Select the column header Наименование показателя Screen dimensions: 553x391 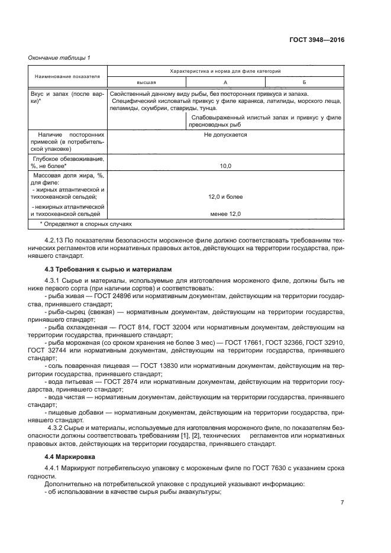pyautogui.click(x=67, y=77)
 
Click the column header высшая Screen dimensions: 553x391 pyautogui.click(x=146, y=83)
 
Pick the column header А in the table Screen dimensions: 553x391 pyautogui.click(x=225, y=83)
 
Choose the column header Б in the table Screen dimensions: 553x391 pyautogui.click(x=303, y=83)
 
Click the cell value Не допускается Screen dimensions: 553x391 pyautogui.click(x=225, y=135)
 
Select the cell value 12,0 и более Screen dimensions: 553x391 pyautogui.click(x=225, y=196)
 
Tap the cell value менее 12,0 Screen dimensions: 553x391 pyautogui.click(x=225, y=214)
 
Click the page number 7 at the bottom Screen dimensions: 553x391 pyautogui.click(x=342, y=503)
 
